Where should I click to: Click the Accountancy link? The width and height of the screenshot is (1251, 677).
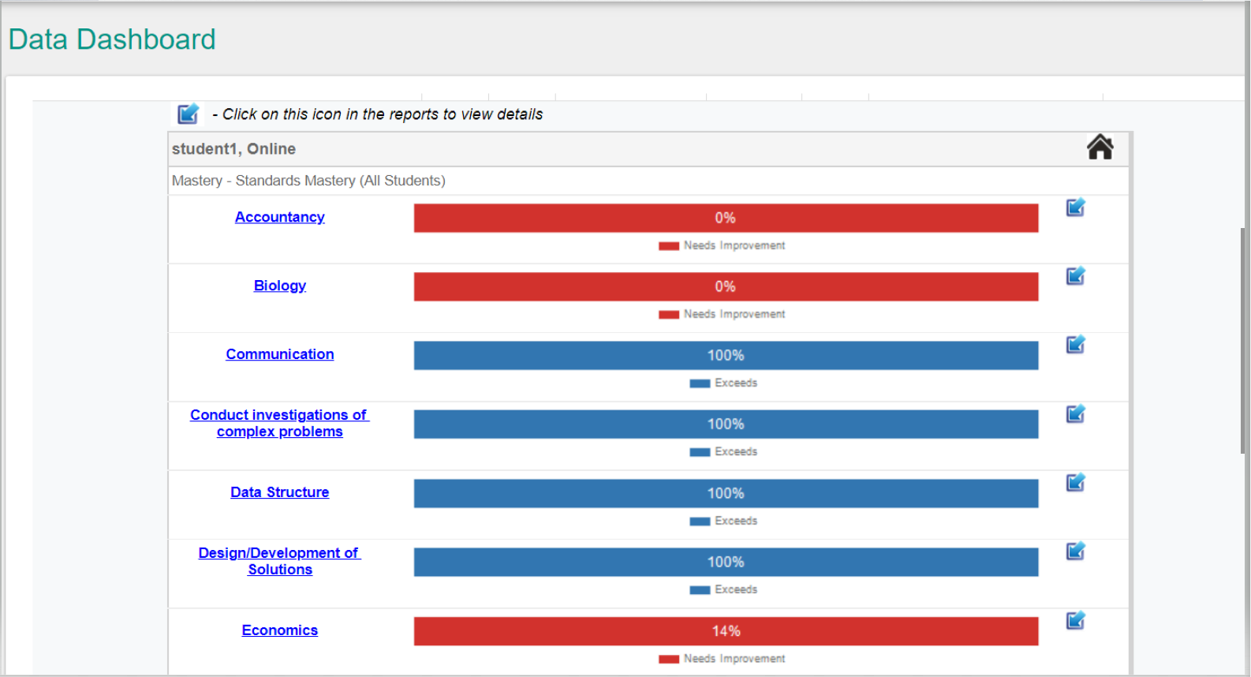pyautogui.click(x=279, y=217)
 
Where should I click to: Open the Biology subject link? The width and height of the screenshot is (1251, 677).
pyautogui.click(x=279, y=286)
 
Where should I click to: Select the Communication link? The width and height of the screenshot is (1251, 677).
pyautogui.click(x=279, y=354)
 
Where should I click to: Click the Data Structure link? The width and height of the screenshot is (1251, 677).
pyautogui.click(x=279, y=492)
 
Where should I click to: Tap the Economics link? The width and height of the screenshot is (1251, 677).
pyautogui.click(x=279, y=630)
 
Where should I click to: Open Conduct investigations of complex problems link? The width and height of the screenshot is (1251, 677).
pyautogui.click(x=279, y=423)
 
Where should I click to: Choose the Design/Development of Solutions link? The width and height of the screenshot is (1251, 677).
pyautogui.click(x=279, y=561)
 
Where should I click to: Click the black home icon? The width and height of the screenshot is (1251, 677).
pyautogui.click(x=1100, y=148)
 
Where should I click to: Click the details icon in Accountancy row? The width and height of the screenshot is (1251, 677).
pyautogui.click(x=1075, y=208)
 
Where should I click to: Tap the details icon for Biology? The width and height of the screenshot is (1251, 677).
pyautogui.click(x=1075, y=276)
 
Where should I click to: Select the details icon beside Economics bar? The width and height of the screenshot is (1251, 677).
pyautogui.click(x=1075, y=621)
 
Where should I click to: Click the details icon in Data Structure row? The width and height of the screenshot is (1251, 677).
pyautogui.click(x=1075, y=483)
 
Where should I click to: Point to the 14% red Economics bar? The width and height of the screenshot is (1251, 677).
pyautogui.click(x=726, y=631)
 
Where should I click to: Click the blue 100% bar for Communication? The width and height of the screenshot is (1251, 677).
pyautogui.click(x=726, y=355)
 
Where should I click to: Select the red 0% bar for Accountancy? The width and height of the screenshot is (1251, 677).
pyautogui.click(x=726, y=218)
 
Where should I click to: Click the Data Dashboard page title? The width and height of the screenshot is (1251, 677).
pyautogui.click(x=112, y=39)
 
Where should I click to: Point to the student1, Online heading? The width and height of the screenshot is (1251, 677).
pyautogui.click(x=233, y=149)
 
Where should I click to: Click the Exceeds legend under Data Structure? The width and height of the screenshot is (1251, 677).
pyautogui.click(x=723, y=522)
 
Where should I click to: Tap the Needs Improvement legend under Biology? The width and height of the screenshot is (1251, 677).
pyautogui.click(x=722, y=314)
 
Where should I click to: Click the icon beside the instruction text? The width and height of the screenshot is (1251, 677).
pyautogui.click(x=188, y=114)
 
